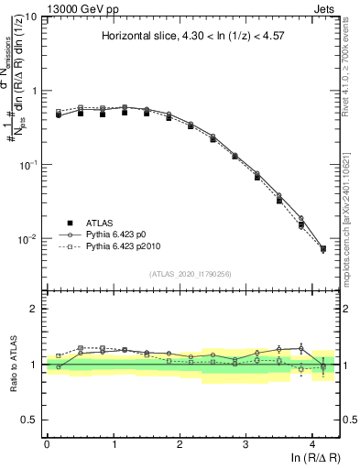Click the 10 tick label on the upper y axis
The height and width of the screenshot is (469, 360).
[31, 17]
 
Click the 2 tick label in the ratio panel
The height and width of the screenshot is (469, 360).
[35, 309]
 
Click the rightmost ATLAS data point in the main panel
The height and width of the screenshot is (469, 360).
[322, 248]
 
